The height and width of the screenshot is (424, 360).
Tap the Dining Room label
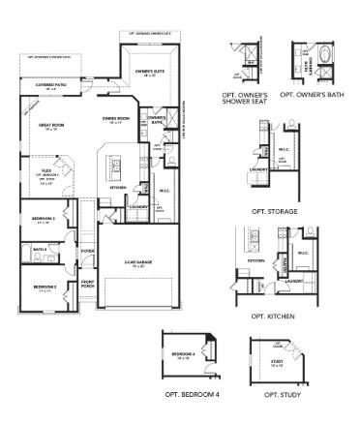coord(114,120)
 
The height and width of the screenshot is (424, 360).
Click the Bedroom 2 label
coord(44,288)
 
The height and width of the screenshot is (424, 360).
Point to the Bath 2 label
coord(40,250)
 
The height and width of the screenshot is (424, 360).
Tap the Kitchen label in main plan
coord(117,187)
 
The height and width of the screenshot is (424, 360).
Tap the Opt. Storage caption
coord(274,210)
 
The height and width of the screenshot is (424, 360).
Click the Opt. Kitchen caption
coord(274,316)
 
